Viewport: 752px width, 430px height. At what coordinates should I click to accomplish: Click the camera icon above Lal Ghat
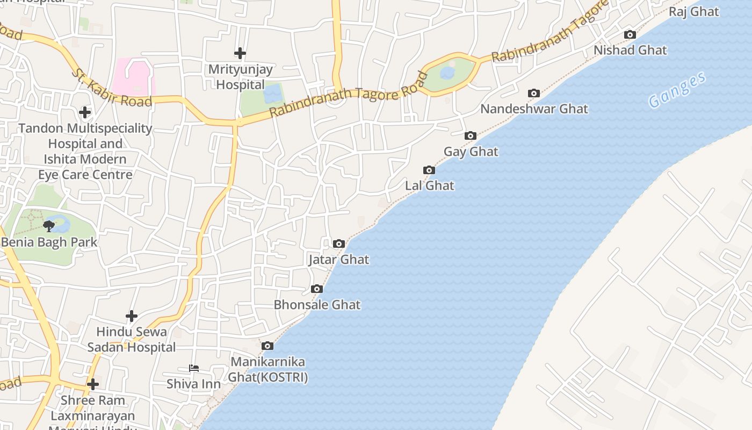coord(429,170)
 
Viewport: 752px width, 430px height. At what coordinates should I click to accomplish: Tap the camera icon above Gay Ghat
coord(471,136)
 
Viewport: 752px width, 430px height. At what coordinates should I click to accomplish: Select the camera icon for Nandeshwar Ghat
coord(533,94)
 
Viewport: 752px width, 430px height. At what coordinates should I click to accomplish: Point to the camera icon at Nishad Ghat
coord(630,35)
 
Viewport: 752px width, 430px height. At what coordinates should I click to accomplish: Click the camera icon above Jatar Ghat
coord(338,244)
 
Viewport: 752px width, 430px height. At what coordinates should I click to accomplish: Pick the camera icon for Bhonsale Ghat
coord(317,289)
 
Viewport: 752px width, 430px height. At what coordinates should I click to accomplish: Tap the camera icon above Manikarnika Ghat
coord(267,346)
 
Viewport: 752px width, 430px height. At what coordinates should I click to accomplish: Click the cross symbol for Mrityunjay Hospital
coord(240,53)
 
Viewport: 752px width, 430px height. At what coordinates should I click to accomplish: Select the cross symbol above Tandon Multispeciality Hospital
coord(85,112)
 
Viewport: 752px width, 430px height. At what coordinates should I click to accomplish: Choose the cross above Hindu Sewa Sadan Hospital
coord(132,316)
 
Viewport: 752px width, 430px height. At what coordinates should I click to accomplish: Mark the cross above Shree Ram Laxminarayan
coord(93,384)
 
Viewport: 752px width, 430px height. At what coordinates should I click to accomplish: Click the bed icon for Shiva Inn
coord(194,368)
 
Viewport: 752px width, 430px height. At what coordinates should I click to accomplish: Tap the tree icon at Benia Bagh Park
coord(49,226)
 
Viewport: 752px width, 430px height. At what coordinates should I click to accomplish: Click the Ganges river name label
coord(677,90)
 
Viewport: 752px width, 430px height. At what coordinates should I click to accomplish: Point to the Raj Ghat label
coord(694,12)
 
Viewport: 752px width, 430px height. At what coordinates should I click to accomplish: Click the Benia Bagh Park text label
coord(49,242)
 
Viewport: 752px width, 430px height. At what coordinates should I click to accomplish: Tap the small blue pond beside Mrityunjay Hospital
coord(273,94)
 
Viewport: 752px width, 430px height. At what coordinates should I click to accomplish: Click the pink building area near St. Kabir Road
coord(133,76)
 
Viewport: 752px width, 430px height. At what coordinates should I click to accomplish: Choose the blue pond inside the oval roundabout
coord(447,73)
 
